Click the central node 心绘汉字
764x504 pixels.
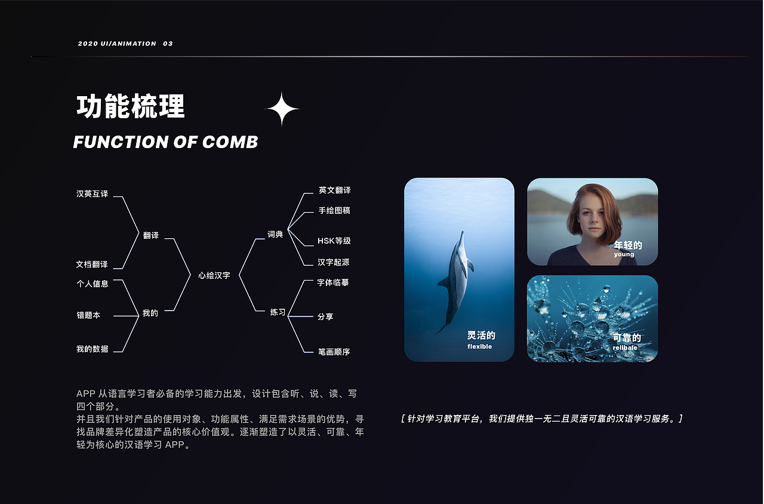214,275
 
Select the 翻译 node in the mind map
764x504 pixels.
151,235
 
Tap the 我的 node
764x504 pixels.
150,313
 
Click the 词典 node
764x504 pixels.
275,235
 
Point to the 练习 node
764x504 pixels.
278,312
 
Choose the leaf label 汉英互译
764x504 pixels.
93,194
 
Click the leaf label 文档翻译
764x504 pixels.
92,265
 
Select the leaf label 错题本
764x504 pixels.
88,315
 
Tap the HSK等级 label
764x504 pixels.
334,241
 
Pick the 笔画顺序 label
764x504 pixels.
334,352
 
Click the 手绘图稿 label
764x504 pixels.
334,211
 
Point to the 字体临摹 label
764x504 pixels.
333,282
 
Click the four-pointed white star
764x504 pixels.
282,109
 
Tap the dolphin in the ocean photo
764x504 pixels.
456,278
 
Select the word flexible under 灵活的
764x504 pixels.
480,347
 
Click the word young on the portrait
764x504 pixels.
624,254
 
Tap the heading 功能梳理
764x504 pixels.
131,106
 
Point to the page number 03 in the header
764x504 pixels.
168,44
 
